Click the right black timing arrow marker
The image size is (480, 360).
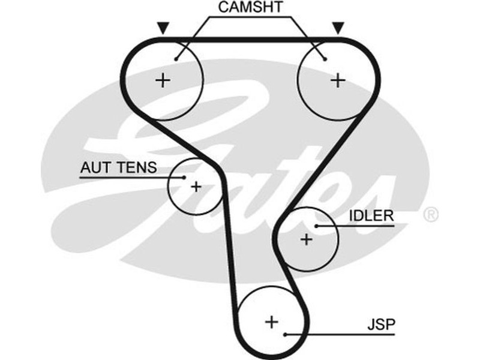(x=338, y=28)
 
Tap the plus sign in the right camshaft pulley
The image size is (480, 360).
(x=338, y=80)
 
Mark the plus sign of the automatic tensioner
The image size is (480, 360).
(x=196, y=186)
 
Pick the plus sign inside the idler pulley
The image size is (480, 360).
(x=307, y=239)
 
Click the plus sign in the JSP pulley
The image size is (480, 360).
(x=272, y=322)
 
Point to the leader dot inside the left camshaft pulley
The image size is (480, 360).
(x=176, y=58)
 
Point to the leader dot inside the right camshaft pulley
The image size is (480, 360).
(x=325, y=58)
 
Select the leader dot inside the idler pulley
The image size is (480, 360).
(x=316, y=226)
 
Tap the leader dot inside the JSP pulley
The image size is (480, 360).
(x=286, y=334)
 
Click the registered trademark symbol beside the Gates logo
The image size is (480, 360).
(x=431, y=214)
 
